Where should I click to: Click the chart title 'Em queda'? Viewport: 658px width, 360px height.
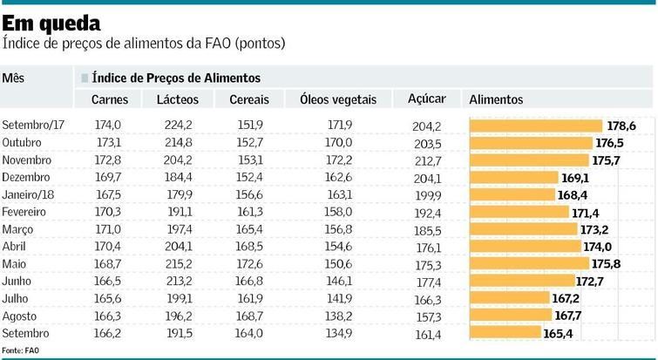(x=51, y=22)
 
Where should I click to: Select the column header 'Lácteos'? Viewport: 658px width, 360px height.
(x=177, y=100)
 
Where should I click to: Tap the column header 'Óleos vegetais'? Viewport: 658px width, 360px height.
(x=337, y=100)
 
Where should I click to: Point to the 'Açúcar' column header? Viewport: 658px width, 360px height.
(x=426, y=99)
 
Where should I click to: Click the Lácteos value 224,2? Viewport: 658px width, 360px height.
(x=178, y=126)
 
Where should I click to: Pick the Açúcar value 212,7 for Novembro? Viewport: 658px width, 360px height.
(x=426, y=160)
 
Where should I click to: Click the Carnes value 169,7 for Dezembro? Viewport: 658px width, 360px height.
(x=108, y=177)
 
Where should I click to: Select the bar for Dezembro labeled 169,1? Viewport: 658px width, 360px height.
(x=512, y=177)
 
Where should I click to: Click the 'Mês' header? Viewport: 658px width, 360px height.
(x=13, y=78)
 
